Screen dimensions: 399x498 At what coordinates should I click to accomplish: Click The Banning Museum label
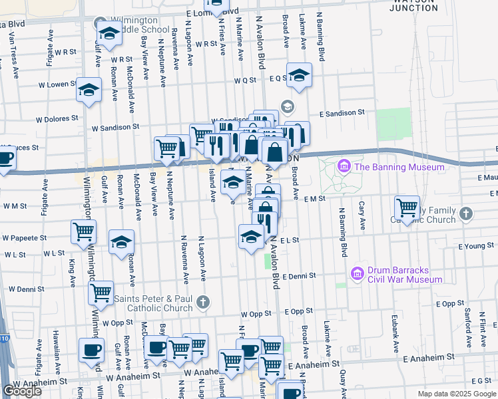tap(399, 167)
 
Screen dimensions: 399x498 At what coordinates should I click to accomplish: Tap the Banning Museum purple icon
tap(345, 166)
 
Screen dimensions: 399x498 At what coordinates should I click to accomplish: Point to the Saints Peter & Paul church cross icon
tap(203, 303)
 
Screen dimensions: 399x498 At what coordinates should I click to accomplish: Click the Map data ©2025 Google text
tap(456, 394)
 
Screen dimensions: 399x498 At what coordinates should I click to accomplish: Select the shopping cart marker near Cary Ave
tap(407, 207)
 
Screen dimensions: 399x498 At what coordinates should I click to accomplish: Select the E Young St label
tap(477, 245)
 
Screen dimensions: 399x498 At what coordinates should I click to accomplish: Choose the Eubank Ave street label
tap(395, 338)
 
